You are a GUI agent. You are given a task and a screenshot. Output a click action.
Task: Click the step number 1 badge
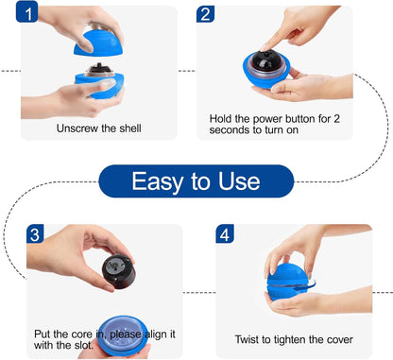27,11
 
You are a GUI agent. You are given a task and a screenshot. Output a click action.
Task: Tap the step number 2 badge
205,14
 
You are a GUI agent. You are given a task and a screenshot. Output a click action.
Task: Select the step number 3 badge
35,233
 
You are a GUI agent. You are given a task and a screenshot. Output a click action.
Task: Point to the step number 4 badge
225,233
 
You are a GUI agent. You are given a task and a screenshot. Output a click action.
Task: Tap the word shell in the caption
130,129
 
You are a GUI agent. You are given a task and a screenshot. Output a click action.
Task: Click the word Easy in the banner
158,181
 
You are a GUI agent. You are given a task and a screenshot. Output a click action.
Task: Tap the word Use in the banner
239,181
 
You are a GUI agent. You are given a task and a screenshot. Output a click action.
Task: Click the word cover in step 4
340,340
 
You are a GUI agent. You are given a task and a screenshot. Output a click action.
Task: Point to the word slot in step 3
84,345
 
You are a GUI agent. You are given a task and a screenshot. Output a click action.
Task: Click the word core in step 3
82,334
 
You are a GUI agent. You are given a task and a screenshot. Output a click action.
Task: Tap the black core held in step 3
118,271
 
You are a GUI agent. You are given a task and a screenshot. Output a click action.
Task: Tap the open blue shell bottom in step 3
122,335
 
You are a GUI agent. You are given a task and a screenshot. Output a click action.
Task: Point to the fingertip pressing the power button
265,48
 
